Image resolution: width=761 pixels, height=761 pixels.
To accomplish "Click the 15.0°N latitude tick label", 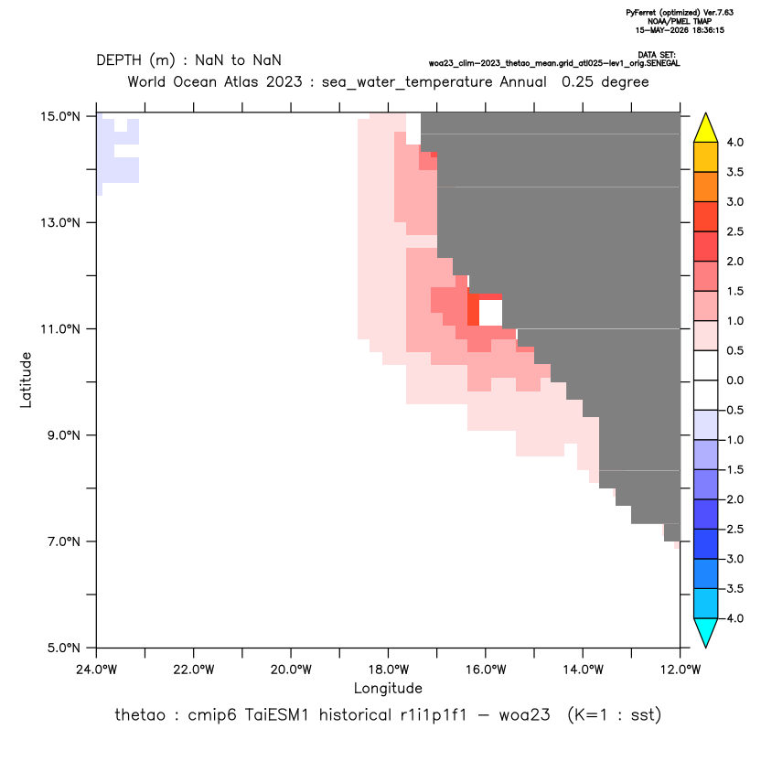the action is [x=60, y=116].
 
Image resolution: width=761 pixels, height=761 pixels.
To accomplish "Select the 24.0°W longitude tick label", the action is [x=97, y=670].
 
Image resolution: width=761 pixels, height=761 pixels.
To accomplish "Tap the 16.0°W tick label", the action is [x=486, y=670].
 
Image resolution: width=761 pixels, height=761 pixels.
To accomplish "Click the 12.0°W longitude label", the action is [x=681, y=670].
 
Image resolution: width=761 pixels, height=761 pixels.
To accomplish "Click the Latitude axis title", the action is [x=26, y=380].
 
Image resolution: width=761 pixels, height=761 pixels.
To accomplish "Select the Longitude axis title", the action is [x=388, y=688].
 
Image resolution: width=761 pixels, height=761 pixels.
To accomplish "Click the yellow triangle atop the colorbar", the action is [x=706, y=128].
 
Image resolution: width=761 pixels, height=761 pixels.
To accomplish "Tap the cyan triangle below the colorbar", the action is [x=706, y=633].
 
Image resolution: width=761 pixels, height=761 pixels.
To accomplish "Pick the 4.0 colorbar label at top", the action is [x=734, y=142].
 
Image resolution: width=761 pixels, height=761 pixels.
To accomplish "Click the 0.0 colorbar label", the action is [x=734, y=380].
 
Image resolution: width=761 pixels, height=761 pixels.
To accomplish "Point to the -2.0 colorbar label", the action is [x=733, y=499].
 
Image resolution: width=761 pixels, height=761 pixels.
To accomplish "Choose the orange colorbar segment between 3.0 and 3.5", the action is [x=706, y=187].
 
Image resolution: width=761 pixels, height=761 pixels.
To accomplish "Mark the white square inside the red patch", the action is [x=490, y=313].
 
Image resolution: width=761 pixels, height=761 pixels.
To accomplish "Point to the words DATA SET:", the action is [x=657, y=55].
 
